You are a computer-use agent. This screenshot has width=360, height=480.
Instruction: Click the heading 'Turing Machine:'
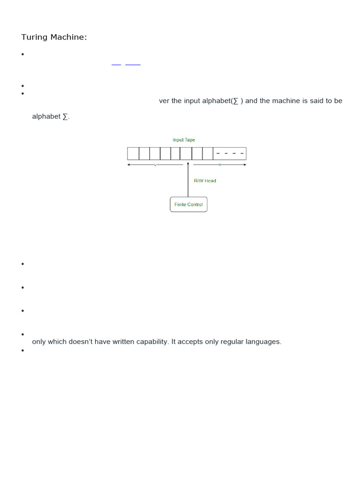[54, 37]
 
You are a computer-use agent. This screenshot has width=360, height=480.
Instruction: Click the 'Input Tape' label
[184, 140]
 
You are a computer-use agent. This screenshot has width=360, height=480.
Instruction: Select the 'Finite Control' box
[188, 204]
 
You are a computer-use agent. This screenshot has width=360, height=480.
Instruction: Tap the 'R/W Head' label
[205, 180]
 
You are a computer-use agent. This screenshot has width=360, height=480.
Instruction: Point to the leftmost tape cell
[133, 153]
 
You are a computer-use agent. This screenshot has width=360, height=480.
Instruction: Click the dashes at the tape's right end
[230, 153]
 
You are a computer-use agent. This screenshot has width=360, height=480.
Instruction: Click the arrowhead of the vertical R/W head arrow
[188, 164]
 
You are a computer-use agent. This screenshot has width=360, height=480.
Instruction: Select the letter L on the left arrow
[155, 165]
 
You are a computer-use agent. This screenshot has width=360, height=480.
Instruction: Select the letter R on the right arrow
[219, 165]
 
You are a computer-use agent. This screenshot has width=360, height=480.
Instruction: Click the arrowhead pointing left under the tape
[129, 165]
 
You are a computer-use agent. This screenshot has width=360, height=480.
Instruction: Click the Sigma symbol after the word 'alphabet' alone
[65, 116]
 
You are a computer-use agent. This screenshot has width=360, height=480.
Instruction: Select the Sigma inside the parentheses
[235, 101]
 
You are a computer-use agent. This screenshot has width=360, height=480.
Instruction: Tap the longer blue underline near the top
[133, 65]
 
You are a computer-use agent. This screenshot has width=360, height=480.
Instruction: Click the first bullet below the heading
[22, 54]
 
